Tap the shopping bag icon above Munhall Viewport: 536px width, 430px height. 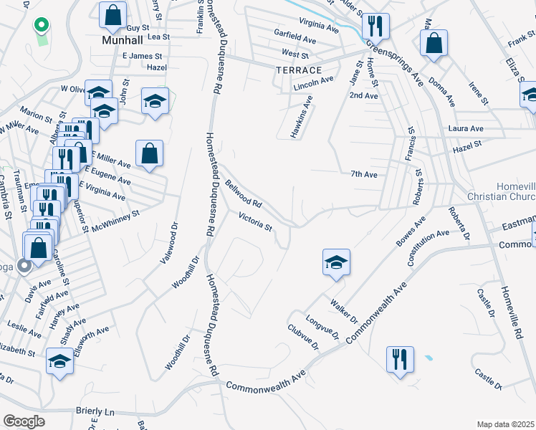(113, 14)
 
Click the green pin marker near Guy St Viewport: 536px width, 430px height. (42, 27)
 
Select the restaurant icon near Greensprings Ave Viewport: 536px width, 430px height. (375, 27)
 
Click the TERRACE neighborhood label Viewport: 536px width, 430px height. (298, 70)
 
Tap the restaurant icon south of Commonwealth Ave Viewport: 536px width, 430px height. (400, 358)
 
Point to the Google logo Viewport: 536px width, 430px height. (24, 421)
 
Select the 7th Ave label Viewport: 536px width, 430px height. (364, 174)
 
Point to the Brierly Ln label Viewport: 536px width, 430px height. (95, 412)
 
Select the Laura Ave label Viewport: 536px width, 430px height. (466, 128)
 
